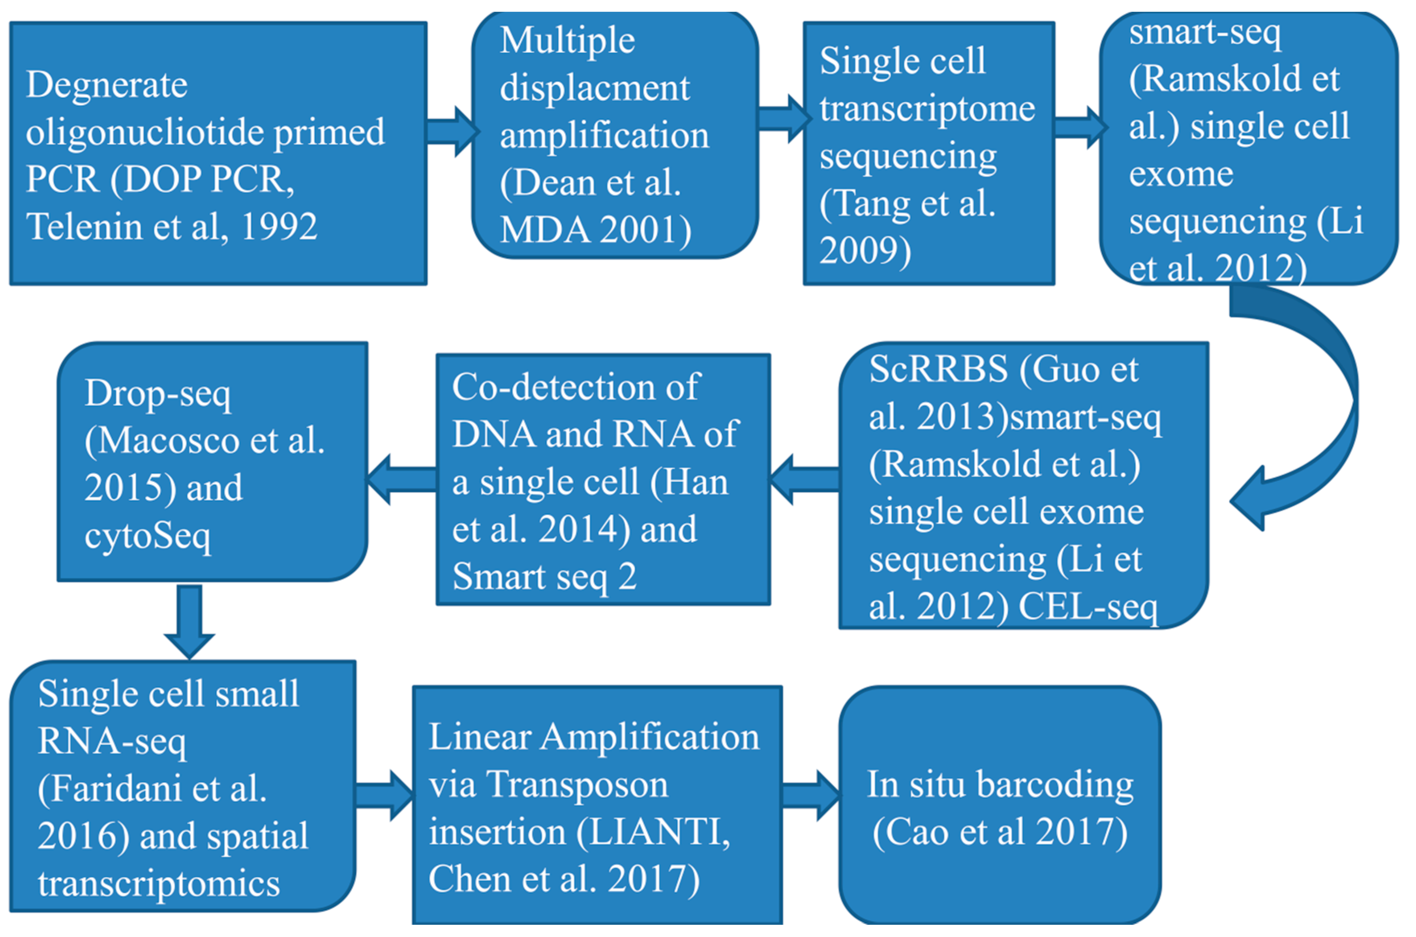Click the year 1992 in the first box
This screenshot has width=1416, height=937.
[x=279, y=227]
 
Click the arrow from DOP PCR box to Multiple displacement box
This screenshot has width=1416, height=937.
[x=452, y=131]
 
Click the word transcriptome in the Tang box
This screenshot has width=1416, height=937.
[x=927, y=109]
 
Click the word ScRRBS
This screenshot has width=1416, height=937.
[x=938, y=369]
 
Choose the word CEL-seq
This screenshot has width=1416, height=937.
[x=1088, y=607]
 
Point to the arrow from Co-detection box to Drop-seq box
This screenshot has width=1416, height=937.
[x=402, y=479]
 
